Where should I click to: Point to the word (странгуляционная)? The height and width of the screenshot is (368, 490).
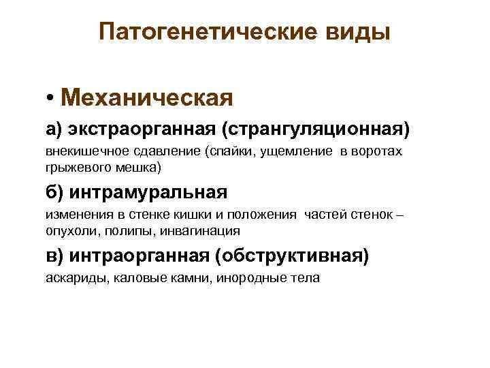(310, 129)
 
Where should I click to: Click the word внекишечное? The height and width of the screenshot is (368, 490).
(79, 151)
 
